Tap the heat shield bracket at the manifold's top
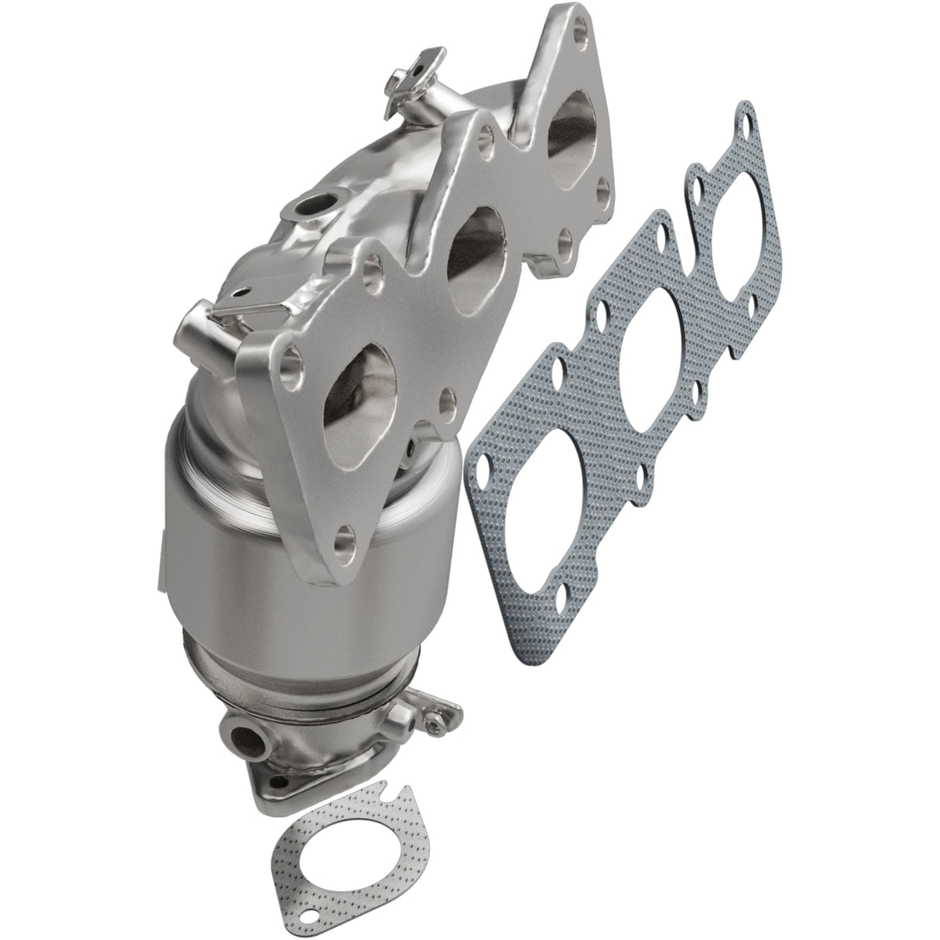coord(417,76)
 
